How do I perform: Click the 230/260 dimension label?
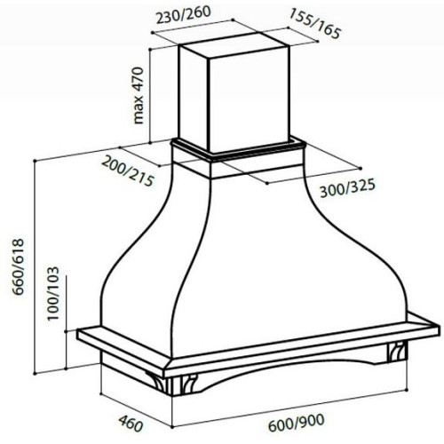point(183,15)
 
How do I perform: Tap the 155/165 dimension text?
point(315,24)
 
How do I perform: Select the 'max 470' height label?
point(139,95)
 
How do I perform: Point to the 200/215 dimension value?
point(128,171)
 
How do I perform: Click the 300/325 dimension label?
point(347,188)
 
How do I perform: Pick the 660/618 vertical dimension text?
point(18,266)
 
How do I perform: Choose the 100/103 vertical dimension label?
point(53,293)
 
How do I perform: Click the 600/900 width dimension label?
point(297,423)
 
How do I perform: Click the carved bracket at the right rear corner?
point(396,352)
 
